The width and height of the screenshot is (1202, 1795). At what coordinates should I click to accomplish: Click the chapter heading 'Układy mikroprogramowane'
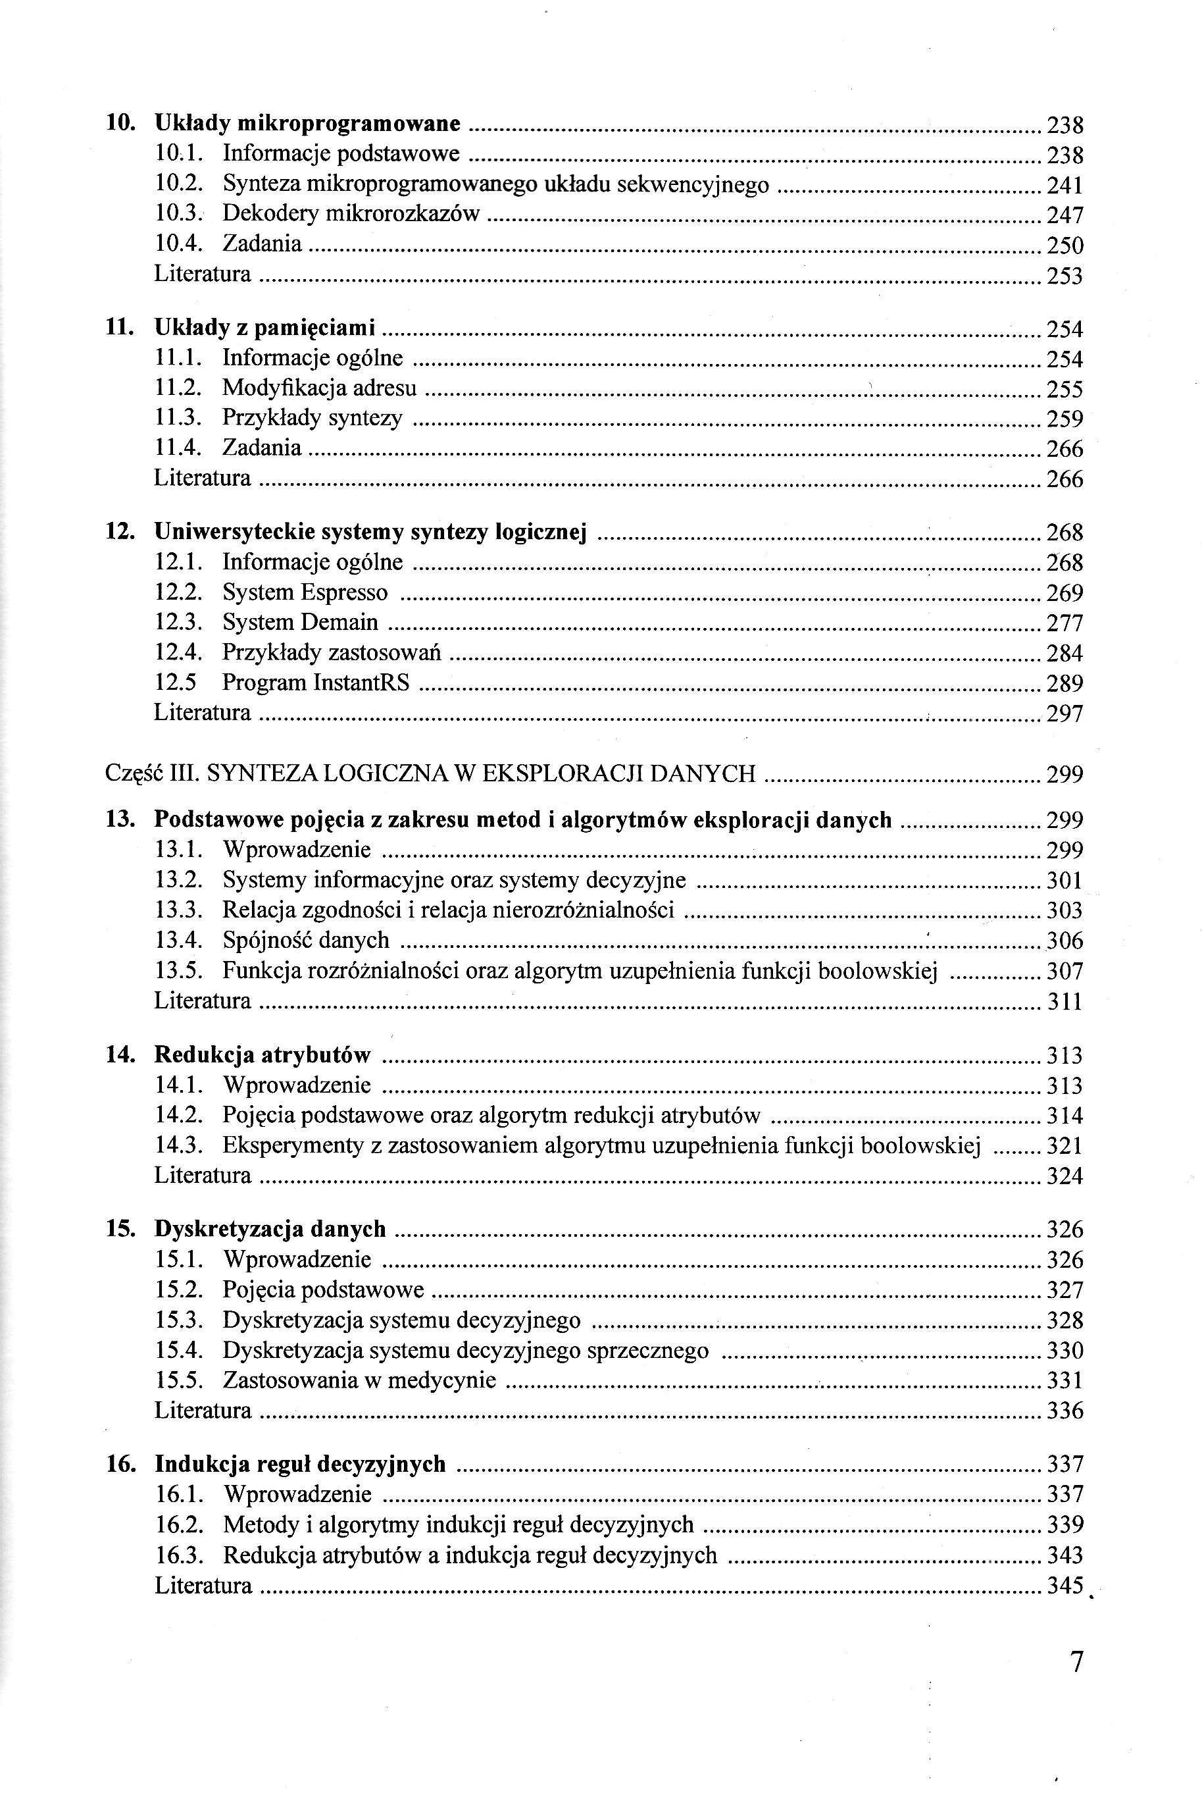tap(307, 124)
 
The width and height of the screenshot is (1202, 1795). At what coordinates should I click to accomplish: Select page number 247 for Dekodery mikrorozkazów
tap(1064, 215)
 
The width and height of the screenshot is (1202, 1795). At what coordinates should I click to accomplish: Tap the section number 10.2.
tap(178, 184)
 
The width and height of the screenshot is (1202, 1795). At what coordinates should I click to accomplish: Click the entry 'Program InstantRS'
tap(316, 683)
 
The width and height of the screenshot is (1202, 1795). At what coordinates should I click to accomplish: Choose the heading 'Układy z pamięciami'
tap(264, 328)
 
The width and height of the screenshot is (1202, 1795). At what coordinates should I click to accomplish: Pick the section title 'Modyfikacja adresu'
tap(320, 388)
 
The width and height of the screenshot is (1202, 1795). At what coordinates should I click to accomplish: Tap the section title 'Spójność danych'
tap(306, 940)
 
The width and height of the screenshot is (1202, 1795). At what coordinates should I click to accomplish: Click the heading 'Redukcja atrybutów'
tap(262, 1055)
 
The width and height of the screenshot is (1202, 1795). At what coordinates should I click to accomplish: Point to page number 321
tap(1064, 1145)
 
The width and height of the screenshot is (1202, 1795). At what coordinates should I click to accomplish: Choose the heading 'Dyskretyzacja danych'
tap(270, 1229)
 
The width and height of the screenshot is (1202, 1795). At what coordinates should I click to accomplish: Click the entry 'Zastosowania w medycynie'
tap(359, 1380)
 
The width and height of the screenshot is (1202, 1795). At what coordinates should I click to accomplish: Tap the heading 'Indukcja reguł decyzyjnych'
tap(300, 1464)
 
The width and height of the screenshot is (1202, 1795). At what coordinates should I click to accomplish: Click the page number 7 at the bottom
tap(1076, 1662)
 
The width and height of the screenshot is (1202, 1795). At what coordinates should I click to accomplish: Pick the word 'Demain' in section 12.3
tap(339, 622)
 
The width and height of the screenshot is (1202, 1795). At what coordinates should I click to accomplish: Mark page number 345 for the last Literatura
tap(1064, 1585)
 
